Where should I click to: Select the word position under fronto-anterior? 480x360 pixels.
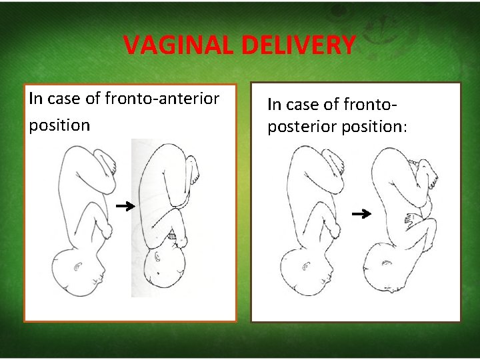click(59, 125)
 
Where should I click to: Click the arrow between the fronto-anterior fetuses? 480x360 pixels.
click(125, 207)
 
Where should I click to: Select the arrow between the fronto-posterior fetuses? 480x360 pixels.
click(361, 214)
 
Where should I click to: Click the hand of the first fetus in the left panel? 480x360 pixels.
click(106, 231)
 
